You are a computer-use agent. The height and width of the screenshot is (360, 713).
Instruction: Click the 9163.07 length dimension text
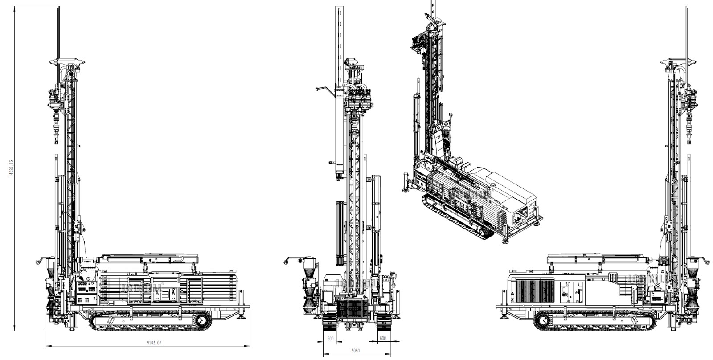pos(152,343)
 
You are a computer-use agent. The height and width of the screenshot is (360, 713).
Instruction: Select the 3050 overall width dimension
pos(355,351)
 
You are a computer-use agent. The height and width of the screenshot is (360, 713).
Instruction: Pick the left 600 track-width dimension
pos(330,338)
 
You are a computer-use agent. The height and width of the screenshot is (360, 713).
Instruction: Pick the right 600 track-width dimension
pos(383,338)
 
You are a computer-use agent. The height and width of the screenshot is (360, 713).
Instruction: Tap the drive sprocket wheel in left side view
pos(202,320)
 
